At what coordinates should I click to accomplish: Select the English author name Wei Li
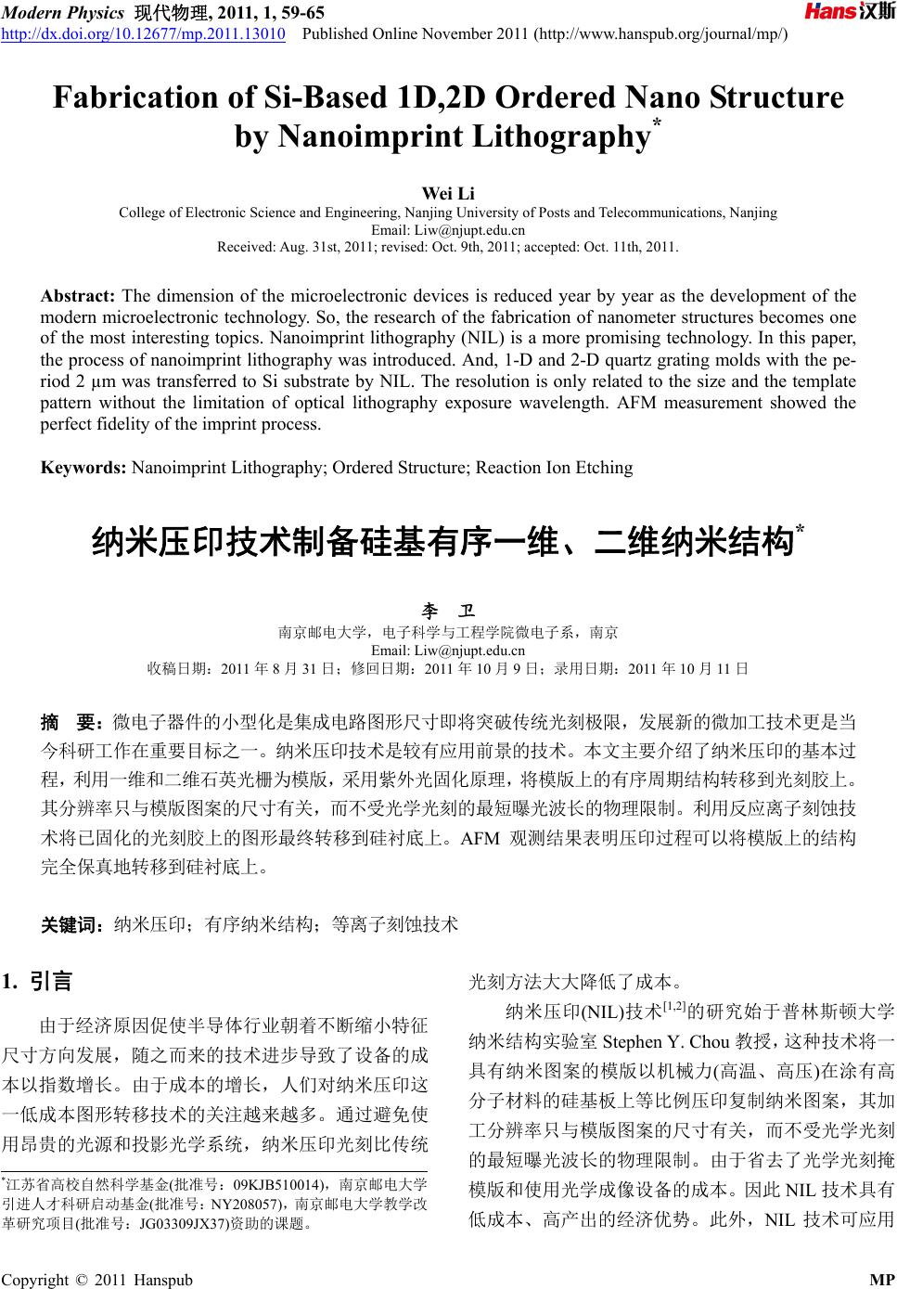tap(448, 193)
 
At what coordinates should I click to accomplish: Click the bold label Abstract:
tap(77, 296)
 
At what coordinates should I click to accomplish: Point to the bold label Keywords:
tap(83, 467)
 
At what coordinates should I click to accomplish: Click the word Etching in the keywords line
tap(604, 467)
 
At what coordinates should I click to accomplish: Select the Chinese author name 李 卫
tap(448, 612)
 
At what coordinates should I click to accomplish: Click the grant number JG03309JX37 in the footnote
tap(184, 1223)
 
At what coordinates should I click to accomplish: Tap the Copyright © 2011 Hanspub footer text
tap(98, 1280)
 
